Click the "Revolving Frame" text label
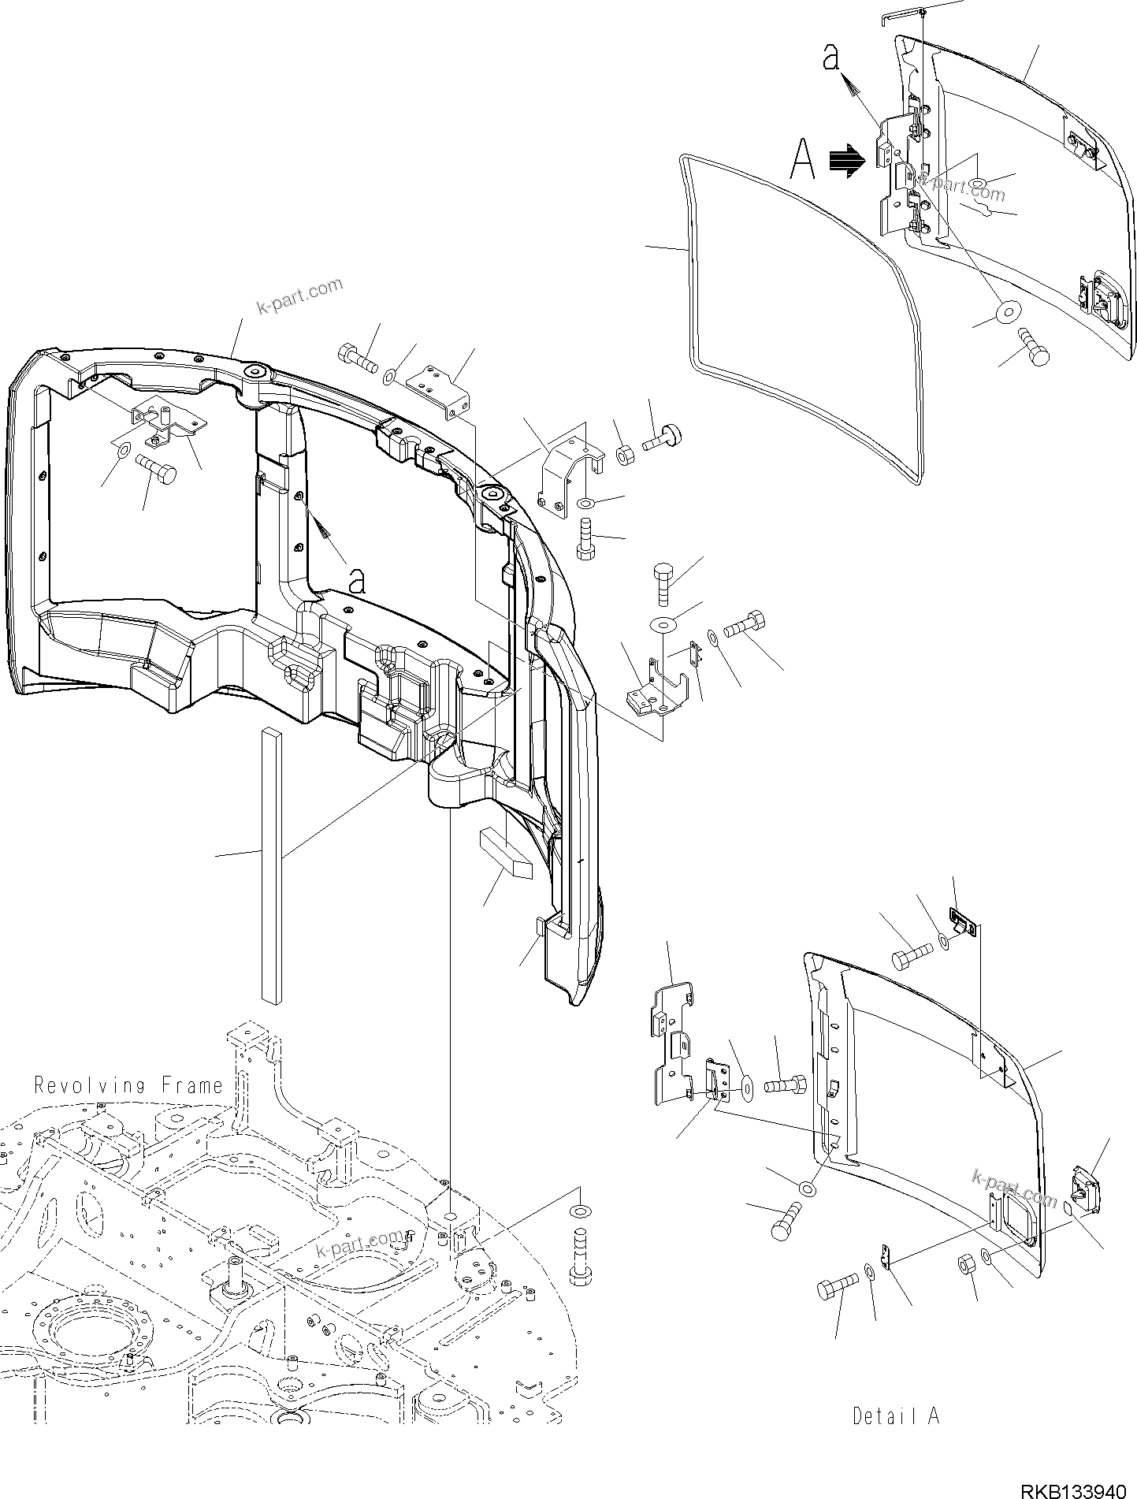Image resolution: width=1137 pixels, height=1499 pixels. click(128, 1085)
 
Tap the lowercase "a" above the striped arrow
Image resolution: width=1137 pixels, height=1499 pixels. click(830, 58)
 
